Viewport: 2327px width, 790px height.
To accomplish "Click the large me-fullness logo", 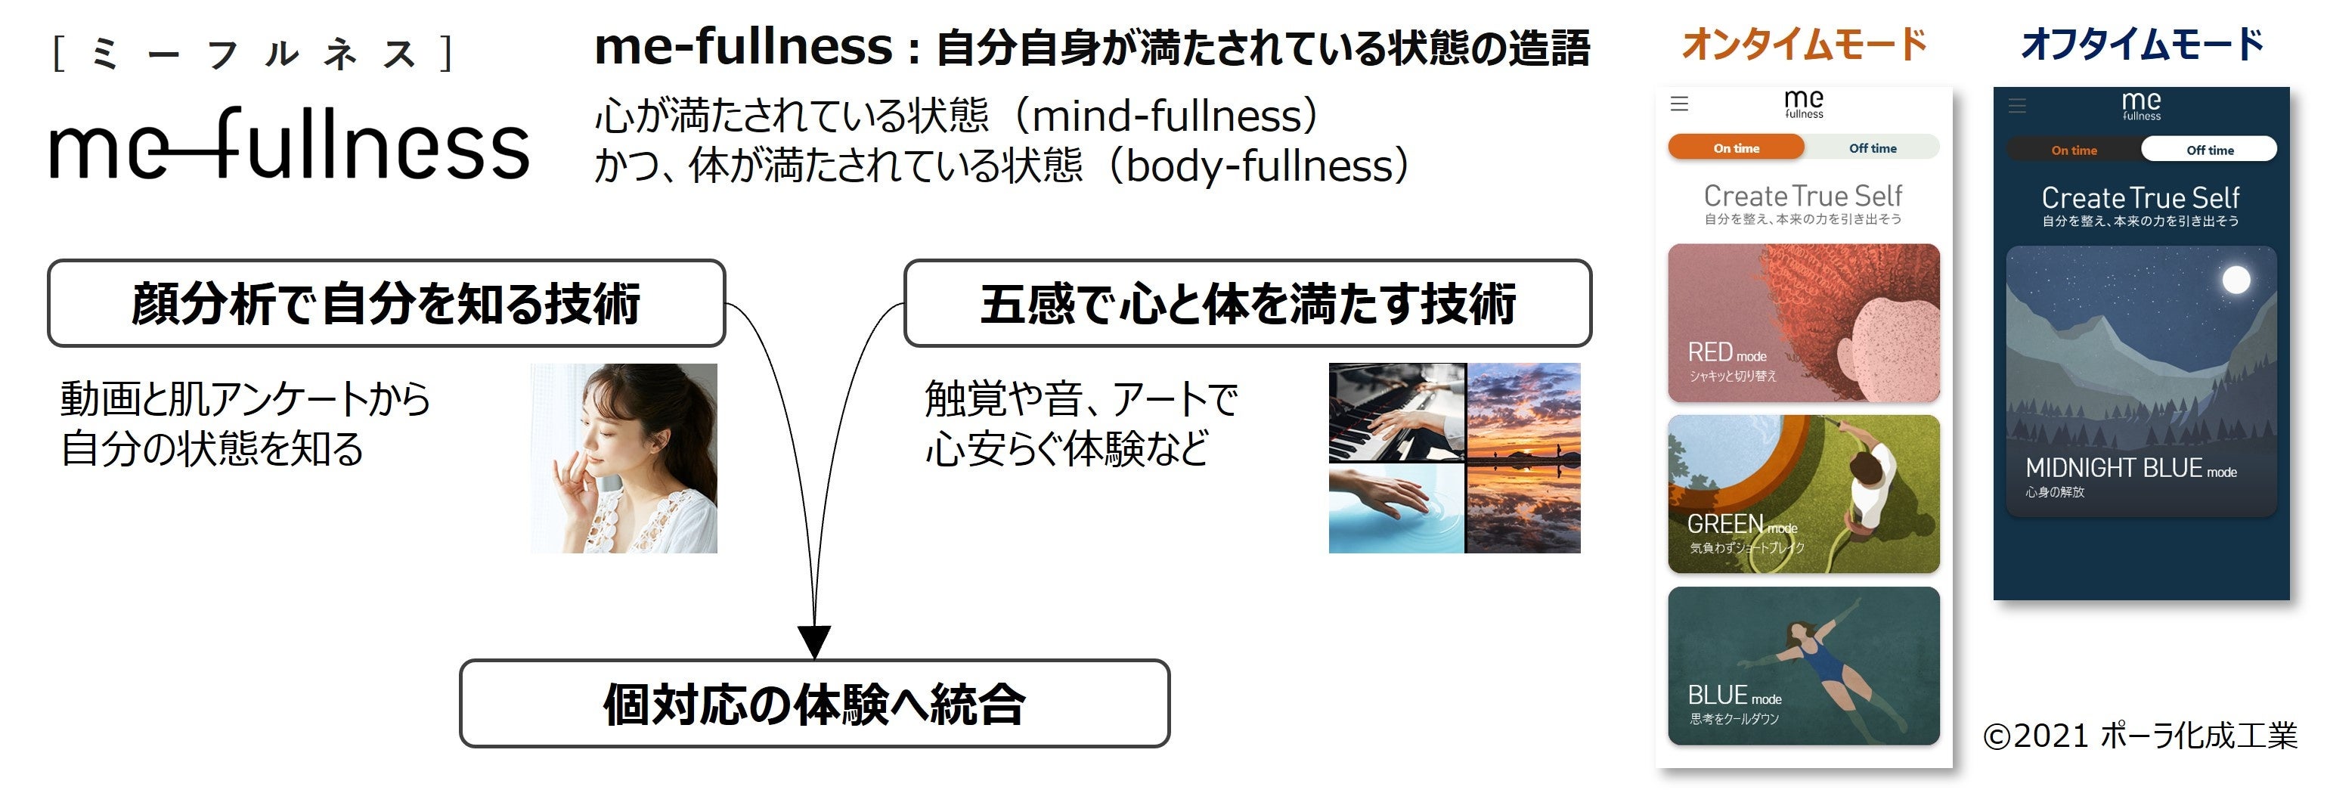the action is pos(289,144).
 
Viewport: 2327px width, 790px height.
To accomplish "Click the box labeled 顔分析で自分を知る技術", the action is pos(386,303).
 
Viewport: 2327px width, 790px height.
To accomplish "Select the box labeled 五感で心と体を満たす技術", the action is pos(1247,303).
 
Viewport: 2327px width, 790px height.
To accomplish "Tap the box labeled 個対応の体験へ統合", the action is pos(814,703).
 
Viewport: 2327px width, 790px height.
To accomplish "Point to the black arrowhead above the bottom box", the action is pos(814,641).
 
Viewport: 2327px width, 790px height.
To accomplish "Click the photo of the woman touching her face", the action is pos(623,458).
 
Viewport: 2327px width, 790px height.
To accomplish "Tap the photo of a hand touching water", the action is pos(1396,507).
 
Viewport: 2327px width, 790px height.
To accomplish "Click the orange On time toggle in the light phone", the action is pos(1735,148).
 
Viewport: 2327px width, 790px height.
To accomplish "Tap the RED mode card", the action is pos(1803,322).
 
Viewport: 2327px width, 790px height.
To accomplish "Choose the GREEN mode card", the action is pos(1803,494).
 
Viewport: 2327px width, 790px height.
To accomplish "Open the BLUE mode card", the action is pos(1803,666).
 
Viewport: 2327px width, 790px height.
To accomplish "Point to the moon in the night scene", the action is pos(2236,280).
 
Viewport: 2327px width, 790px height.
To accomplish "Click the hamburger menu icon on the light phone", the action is pos(1679,104).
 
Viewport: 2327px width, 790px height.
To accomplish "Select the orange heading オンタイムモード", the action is pos(1804,43).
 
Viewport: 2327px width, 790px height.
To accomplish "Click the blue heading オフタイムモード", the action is pos(2142,43).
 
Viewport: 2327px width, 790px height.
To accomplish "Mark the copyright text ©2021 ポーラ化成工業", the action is pos(2139,736).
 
